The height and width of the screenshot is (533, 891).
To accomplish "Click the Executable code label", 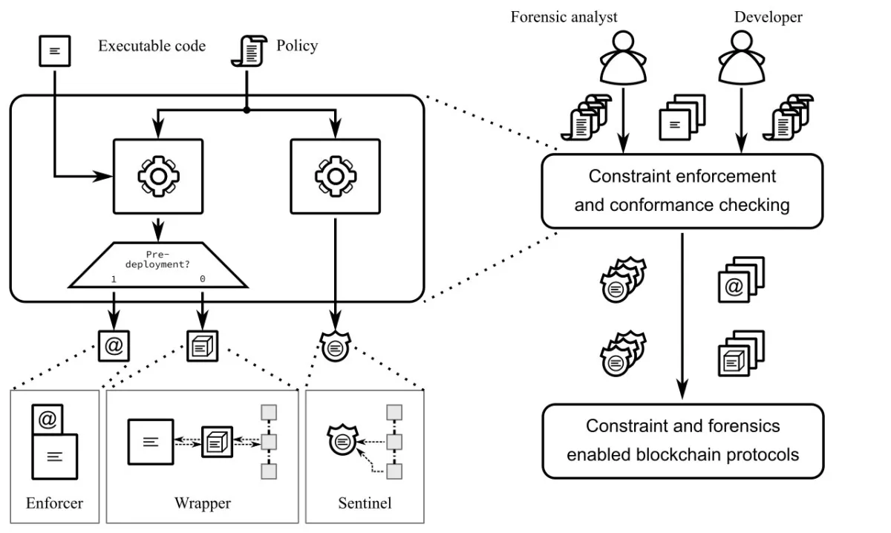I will pos(151,46).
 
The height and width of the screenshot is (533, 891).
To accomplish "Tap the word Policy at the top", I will pos(297,46).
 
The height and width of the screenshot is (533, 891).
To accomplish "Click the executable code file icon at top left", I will pos(54,50).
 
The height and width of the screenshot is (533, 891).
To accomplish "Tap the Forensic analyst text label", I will pos(564,17).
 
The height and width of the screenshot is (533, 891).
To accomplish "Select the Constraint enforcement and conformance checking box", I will pos(682,190).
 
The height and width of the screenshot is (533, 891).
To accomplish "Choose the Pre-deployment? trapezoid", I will pos(158,265).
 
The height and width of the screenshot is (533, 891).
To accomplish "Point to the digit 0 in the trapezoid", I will pos(202,278).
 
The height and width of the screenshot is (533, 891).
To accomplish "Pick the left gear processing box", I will pos(157,175).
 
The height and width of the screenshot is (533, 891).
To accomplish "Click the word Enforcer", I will pos(54,503).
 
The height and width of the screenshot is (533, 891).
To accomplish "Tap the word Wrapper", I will pos(202,503).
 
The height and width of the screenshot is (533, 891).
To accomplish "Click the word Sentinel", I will pos(364,503).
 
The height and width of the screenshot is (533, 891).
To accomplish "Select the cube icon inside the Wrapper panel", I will pos(217,442).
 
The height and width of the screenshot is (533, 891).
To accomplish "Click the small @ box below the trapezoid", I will pos(114,344).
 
